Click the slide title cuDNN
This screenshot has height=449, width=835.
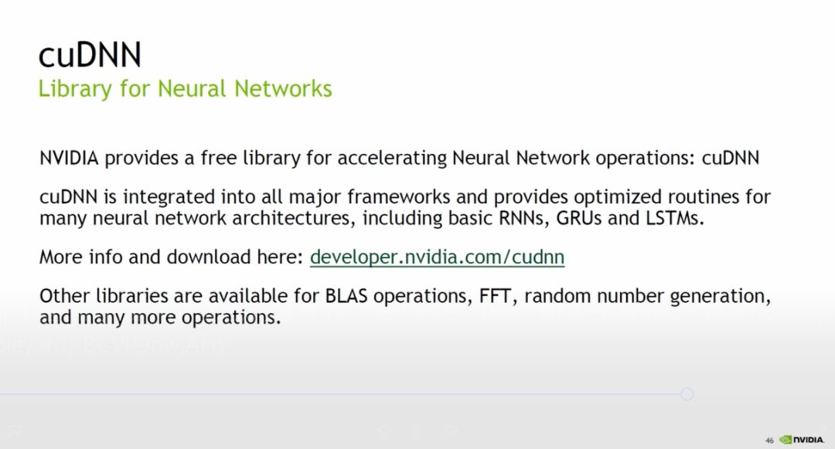point(90,55)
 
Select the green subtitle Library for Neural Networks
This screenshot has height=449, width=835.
point(185,89)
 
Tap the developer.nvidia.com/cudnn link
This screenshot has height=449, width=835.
point(437,257)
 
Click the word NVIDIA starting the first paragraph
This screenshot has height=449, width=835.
point(69,158)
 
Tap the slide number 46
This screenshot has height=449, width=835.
point(769,439)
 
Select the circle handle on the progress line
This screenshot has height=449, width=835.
point(687,394)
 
